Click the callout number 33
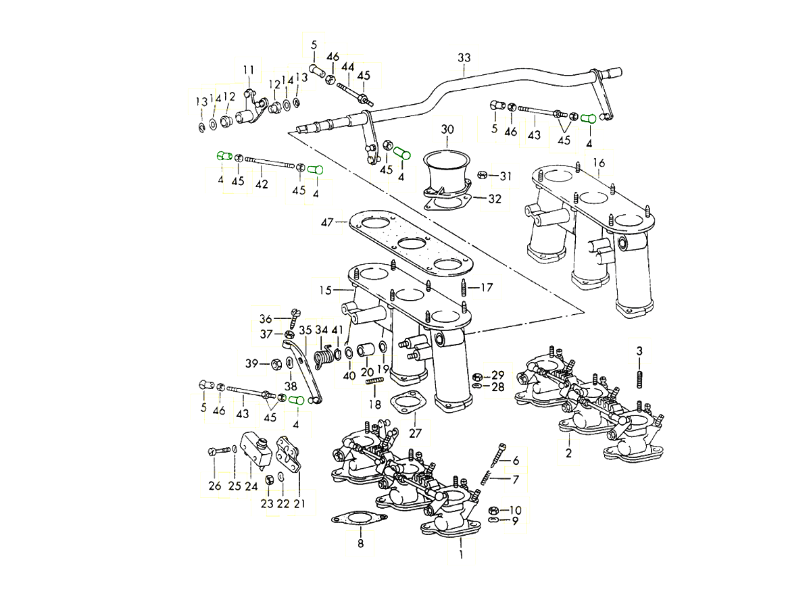point(463,57)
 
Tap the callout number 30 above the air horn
point(448,129)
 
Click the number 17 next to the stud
point(487,287)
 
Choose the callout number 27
point(415,432)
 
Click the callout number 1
point(461,555)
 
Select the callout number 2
point(568,453)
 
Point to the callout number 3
point(639,350)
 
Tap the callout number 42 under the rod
point(262,184)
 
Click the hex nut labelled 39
point(276,365)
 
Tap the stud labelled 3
point(639,380)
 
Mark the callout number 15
point(326,290)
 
